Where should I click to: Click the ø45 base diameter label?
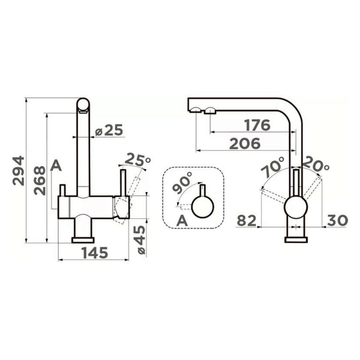pyautogui.click(x=139, y=238)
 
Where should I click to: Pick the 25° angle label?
pyautogui.click(x=139, y=160)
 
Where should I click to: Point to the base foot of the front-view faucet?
pyautogui.click(x=83, y=239)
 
